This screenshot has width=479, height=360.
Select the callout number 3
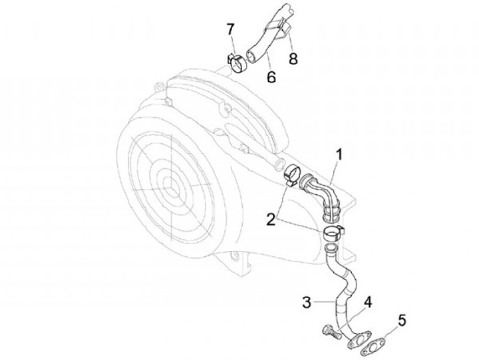tap(306, 303)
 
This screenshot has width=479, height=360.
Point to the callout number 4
tap(367, 300)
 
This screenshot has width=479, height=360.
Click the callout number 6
tap(271, 77)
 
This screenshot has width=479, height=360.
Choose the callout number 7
tap(231, 29)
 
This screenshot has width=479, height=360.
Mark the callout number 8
tap(292, 59)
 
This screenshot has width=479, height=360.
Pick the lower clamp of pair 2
tap(332, 232)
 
